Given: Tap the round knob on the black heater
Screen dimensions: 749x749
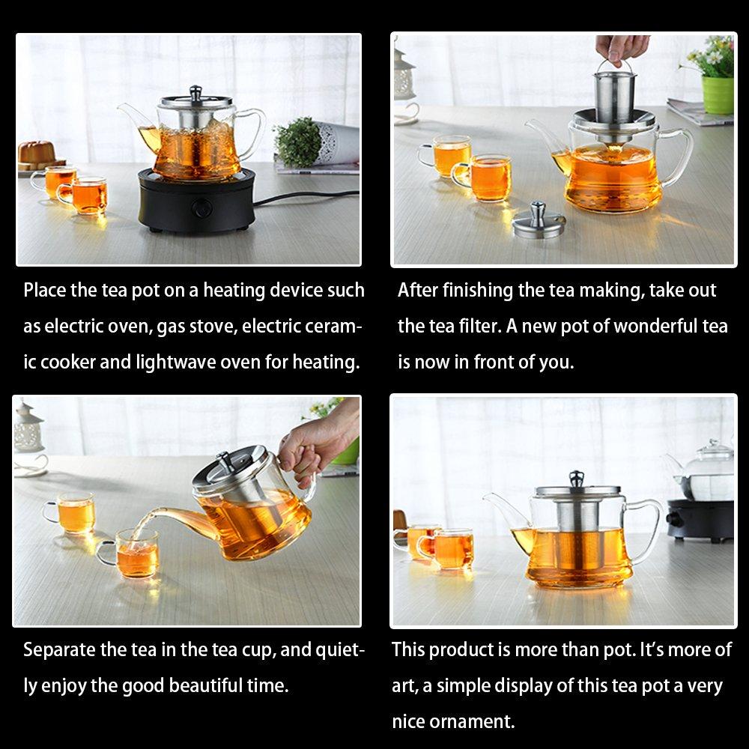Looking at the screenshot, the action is [201, 209].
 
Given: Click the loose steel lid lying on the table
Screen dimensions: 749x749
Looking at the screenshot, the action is [539, 221].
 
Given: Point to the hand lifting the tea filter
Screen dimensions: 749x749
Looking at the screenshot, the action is [622, 49].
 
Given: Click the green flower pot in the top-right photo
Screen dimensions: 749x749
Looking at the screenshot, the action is [718, 95].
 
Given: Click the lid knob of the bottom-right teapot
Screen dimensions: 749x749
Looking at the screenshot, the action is [577, 479].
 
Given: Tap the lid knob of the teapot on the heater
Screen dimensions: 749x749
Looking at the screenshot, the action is [195, 93].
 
